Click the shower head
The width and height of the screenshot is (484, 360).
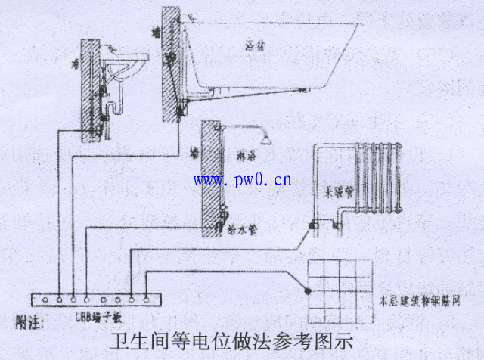[267, 138]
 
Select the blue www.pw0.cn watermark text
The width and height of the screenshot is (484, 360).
[243, 179]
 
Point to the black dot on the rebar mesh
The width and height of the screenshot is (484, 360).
[308, 290]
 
